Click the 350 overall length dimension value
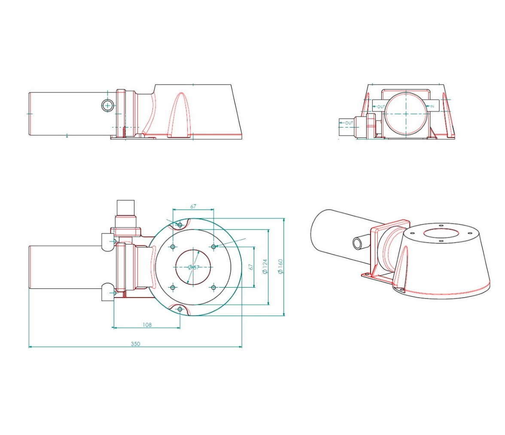coord(136,344)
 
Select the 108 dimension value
coord(147,325)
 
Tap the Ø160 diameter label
coord(280,267)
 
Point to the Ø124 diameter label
coord(265,267)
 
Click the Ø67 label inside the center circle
coord(194,267)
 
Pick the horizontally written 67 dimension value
coord(193,206)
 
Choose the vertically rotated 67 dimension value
coord(251,267)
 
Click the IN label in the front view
coord(432,106)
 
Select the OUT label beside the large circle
coord(381,107)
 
